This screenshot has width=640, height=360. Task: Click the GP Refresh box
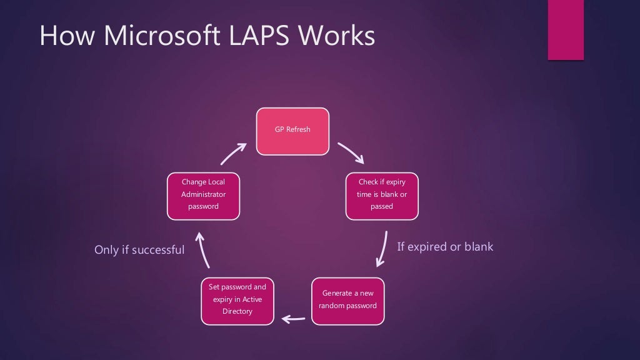[x=292, y=131]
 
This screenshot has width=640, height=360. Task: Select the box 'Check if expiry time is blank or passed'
[x=382, y=196]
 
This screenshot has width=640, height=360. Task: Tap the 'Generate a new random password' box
[x=347, y=301]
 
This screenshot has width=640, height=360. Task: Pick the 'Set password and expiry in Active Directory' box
[x=237, y=301]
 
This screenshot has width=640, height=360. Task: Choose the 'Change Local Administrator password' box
[x=203, y=196]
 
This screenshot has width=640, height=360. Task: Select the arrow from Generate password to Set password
[x=293, y=319]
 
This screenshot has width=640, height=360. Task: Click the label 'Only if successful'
[x=139, y=250]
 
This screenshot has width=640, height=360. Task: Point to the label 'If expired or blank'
[x=445, y=247]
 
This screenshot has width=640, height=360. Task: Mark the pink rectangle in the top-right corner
[x=565, y=30]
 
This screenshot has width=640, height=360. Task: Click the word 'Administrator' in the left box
[x=203, y=194]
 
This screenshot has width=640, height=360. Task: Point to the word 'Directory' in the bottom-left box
[x=237, y=311]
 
